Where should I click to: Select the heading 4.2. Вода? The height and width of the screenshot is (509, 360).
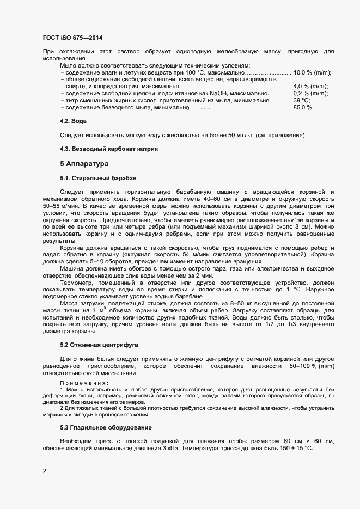[74, 120]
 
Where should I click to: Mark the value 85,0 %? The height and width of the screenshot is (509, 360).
[303, 107]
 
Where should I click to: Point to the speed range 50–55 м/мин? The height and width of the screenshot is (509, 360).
[59, 207]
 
